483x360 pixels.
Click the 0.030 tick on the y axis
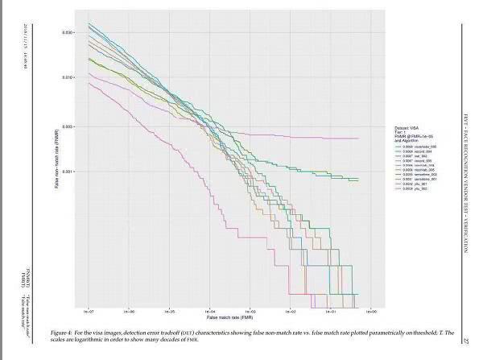pos(69,32)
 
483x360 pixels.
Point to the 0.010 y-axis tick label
pos(69,78)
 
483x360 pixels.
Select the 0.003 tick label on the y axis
pos(69,126)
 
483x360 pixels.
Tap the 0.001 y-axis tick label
pos(69,172)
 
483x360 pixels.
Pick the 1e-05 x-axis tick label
pos(170,308)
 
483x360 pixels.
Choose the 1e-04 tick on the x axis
pos(210,308)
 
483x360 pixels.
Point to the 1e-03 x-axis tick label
pos(250,308)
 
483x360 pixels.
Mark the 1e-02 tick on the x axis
pos(291,308)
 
